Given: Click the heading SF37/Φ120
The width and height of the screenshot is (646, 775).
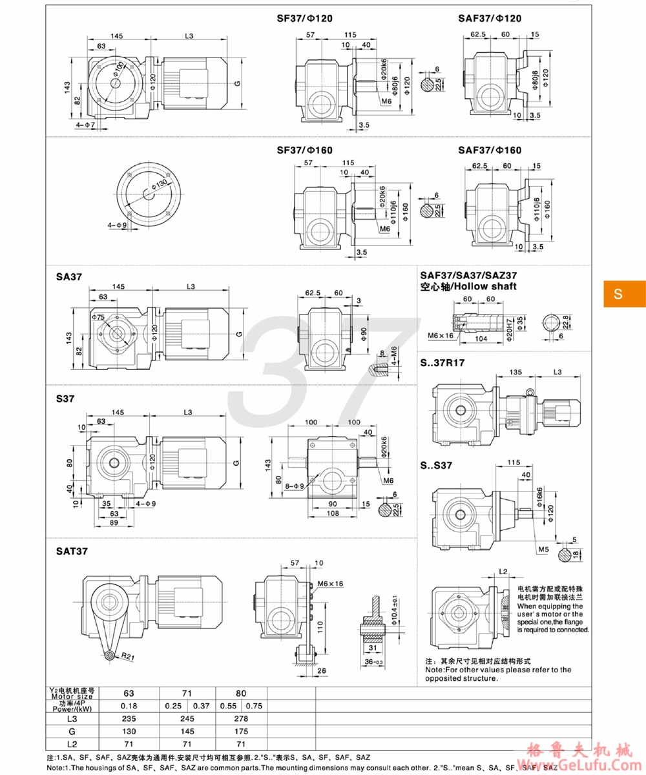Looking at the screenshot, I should (x=304, y=19).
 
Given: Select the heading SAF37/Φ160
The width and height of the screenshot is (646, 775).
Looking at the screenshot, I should (x=490, y=150).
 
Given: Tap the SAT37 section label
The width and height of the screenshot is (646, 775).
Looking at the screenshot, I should (x=72, y=551).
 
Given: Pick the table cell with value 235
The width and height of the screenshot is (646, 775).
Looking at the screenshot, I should (x=131, y=717).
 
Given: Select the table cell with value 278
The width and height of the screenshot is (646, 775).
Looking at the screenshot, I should (x=241, y=717).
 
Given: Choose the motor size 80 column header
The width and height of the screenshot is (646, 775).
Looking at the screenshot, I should (x=241, y=692).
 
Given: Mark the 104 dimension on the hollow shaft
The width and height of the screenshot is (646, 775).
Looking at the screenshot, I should (x=478, y=338).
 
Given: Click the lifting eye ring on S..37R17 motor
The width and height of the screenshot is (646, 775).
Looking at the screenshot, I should (x=530, y=391).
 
